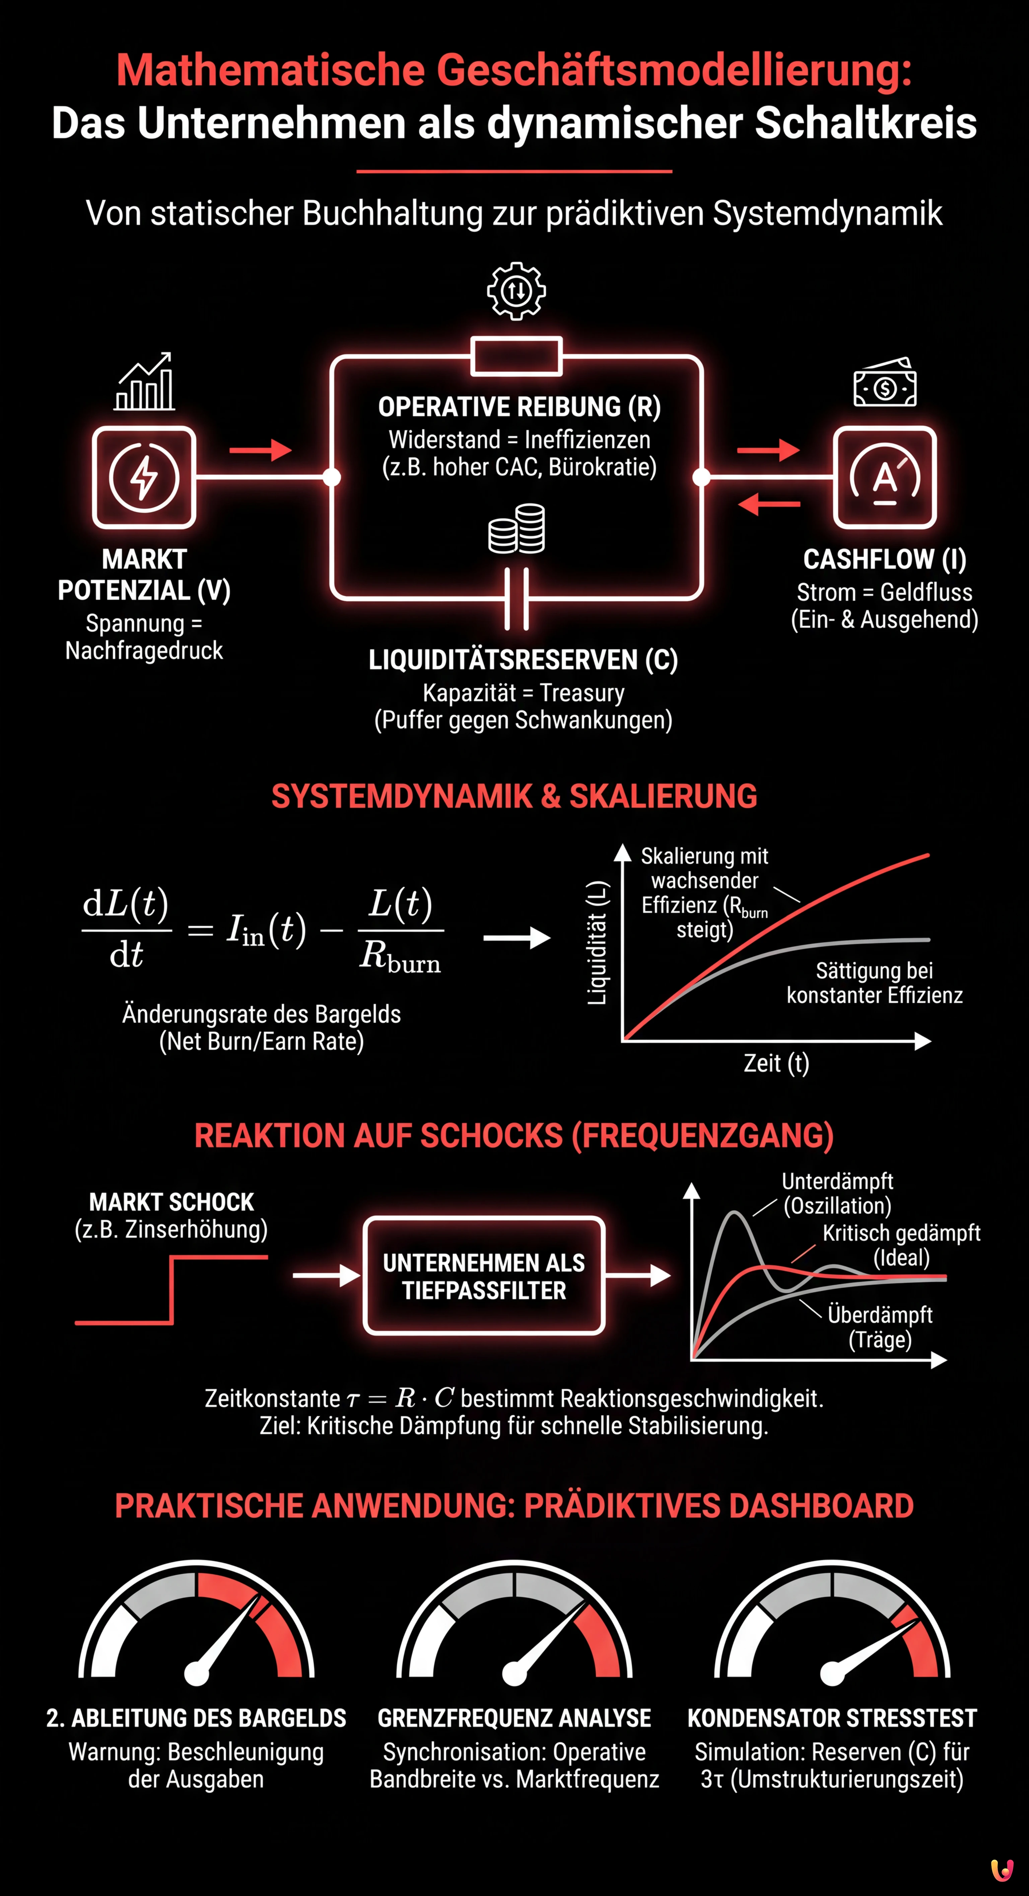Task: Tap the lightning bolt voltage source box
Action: tap(144, 477)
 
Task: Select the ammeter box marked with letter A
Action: tap(885, 477)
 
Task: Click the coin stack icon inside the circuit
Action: tap(517, 528)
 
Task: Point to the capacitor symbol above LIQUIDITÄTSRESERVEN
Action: tap(517, 598)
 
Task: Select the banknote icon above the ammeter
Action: tap(885, 383)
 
